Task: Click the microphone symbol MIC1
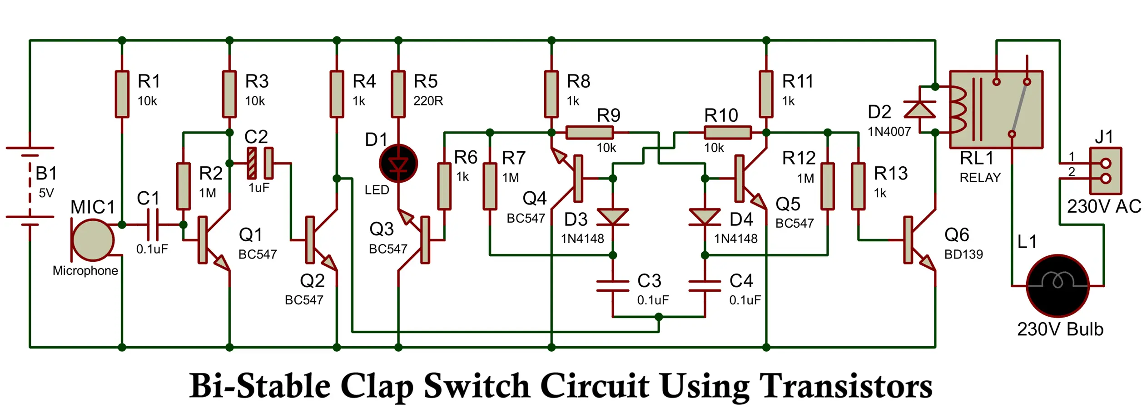pyautogui.click(x=93, y=239)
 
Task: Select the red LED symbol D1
pyautogui.click(x=398, y=164)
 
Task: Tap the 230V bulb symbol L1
pyautogui.click(x=1058, y=285)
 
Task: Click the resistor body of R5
pyautogui.click(x=398, y=94)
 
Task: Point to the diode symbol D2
pyautogui.click(x=919, y=109)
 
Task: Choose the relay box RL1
pyautogui.click(x=996, y=109)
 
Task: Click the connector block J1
pyautogui.click(x=1106, y=170)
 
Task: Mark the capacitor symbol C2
pyautogui.click(x=260, y=163)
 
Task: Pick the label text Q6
pyautogui.click(x=956, y=235)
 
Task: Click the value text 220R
pyautogui.click(x=428, y=101)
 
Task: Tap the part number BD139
pyautogui.click(x=963, y=254)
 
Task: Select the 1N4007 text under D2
pyautogui.click(x=889, y=132)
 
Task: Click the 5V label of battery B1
pyautogui.click(x=46, y=193)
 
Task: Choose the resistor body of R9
pyautogui.click(x=590, y=133)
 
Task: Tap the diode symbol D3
pyautogui.click(x=612, y=217)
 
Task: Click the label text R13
pyautogui.click(x=890, y=174)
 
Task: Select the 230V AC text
pyautogui.click(x=1104, y=207)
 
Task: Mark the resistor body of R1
pyautogui.click(x=122, y=94)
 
